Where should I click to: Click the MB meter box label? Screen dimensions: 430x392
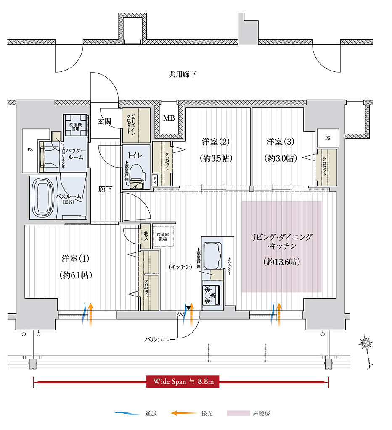coord(169,118)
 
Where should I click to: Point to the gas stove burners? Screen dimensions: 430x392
coord(210,295)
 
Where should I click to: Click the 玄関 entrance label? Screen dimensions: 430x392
coord(105,122)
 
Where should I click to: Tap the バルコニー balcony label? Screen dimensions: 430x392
coord(161,338)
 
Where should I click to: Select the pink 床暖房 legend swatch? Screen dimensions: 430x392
coord(238,414)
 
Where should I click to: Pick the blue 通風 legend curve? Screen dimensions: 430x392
coord(127,414)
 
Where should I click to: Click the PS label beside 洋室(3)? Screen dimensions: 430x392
coord(328,138)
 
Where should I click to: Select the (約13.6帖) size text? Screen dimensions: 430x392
coord(282,262)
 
